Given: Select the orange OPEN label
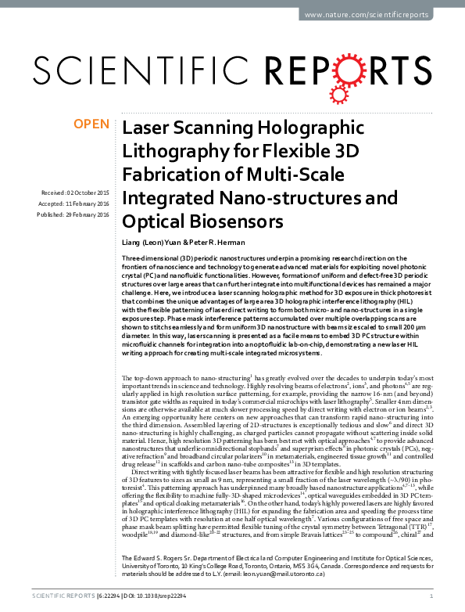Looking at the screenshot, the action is click(x=91, y=124).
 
